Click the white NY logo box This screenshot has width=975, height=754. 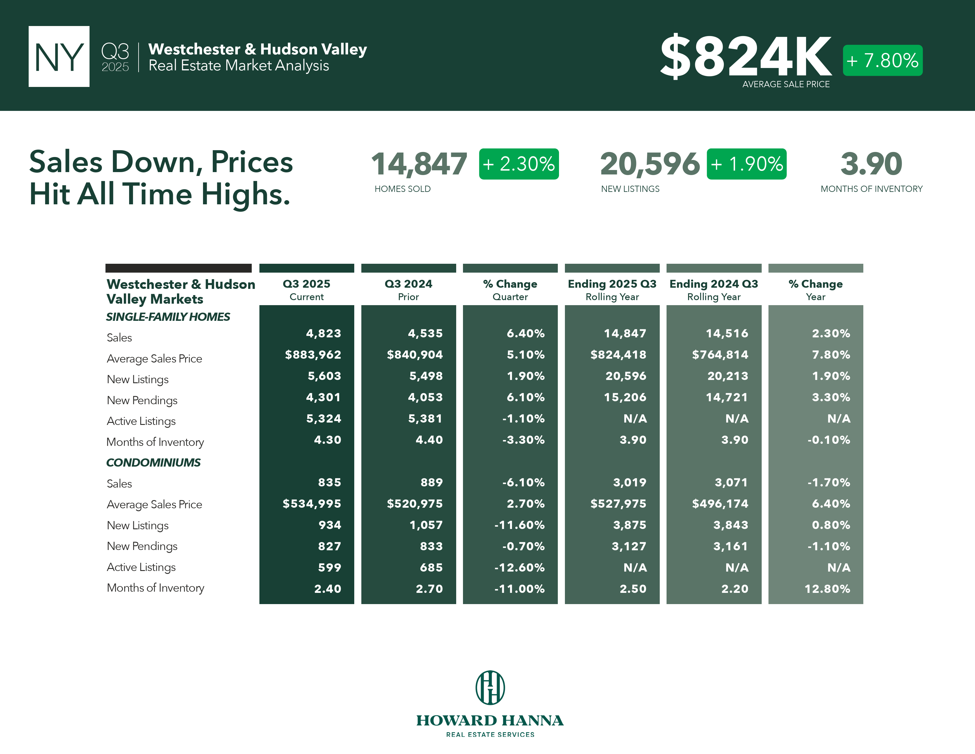coord(59,56)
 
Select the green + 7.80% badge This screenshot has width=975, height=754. coord(882,60)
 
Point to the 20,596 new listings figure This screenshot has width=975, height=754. coord(649,164)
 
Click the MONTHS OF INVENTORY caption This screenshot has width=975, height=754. coord(871,189)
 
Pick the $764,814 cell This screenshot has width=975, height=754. coord(720,355)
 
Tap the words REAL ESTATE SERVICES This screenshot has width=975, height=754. coord(490,734)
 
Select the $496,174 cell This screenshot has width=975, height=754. coord(720,504)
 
